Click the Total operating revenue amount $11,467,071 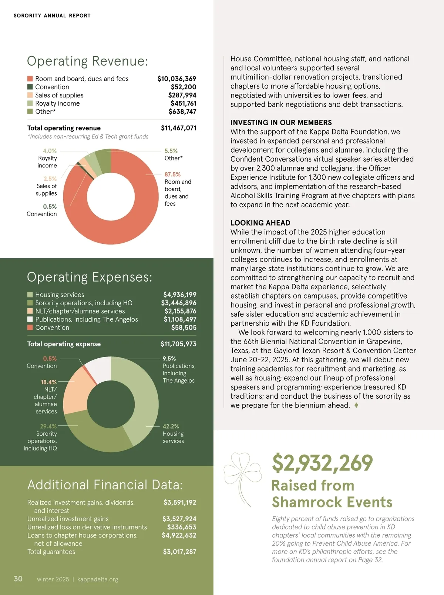coord(178,128)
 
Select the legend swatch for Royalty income coord(30,103)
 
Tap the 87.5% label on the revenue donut coord(172,174)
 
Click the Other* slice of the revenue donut coord(103,161)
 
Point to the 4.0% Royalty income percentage coord(50,151)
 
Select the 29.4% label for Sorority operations coord(48,426)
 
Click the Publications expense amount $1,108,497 coord(180,319)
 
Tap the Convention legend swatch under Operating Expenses coord(30,328)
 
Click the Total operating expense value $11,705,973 coord(178,344)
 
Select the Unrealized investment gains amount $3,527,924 coord(179,519)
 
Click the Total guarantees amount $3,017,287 coord(179,552)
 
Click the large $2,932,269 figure coord(322,463)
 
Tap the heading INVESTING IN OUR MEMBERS coord(281,123)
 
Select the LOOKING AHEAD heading coord(260,223)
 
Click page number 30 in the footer coord(18,579)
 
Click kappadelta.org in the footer coord(98,579)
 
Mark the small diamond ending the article coord(356,405)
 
